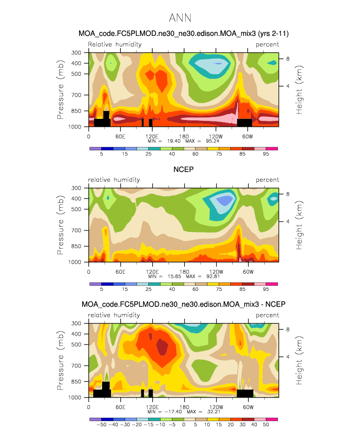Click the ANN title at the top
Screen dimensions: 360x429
point(180,18)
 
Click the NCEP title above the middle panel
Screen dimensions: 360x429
point(183,170)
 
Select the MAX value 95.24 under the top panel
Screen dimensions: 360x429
point(212,141)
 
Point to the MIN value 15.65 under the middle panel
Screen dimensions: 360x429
point(174,276)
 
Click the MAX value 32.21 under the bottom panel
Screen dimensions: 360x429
point(214,411)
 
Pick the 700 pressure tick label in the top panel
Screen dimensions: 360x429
point(76,95)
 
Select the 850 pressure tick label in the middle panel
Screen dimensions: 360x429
point(76,246)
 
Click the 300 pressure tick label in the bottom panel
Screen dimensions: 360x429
point(76,323)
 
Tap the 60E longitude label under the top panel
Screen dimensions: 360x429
point(120,137)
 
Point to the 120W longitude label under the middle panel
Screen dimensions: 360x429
point(216,272)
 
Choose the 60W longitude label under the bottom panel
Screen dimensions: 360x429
point(248,407)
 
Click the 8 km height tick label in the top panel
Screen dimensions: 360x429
point(288,59)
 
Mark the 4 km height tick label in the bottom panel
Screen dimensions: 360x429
point(288,357)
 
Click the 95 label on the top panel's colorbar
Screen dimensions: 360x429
point(266,154)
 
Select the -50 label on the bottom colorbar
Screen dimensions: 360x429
point(101,425)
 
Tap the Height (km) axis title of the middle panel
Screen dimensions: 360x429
point(299,225)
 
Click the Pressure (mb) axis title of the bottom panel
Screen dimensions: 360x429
point(60,360)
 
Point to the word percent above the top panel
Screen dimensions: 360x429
point(267,45)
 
